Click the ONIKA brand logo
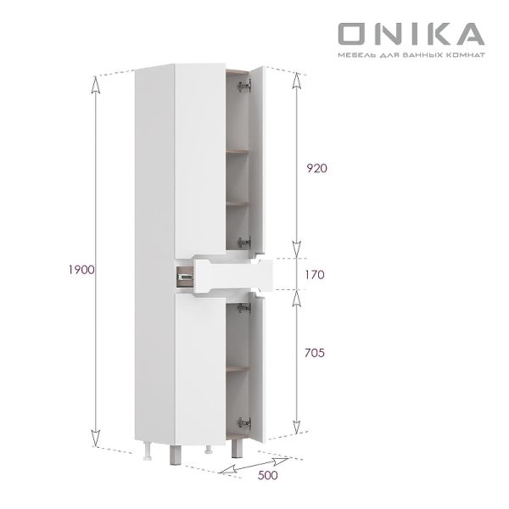point(411,33)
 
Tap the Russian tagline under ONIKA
point(411,55)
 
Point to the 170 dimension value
point(315,275)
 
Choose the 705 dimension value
point(316,352)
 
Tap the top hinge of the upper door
point(245,85)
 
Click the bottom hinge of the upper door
point(245,241)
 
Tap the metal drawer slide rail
point(182,275)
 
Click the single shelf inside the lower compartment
point(238,370)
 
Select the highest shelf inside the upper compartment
point(239,153)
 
